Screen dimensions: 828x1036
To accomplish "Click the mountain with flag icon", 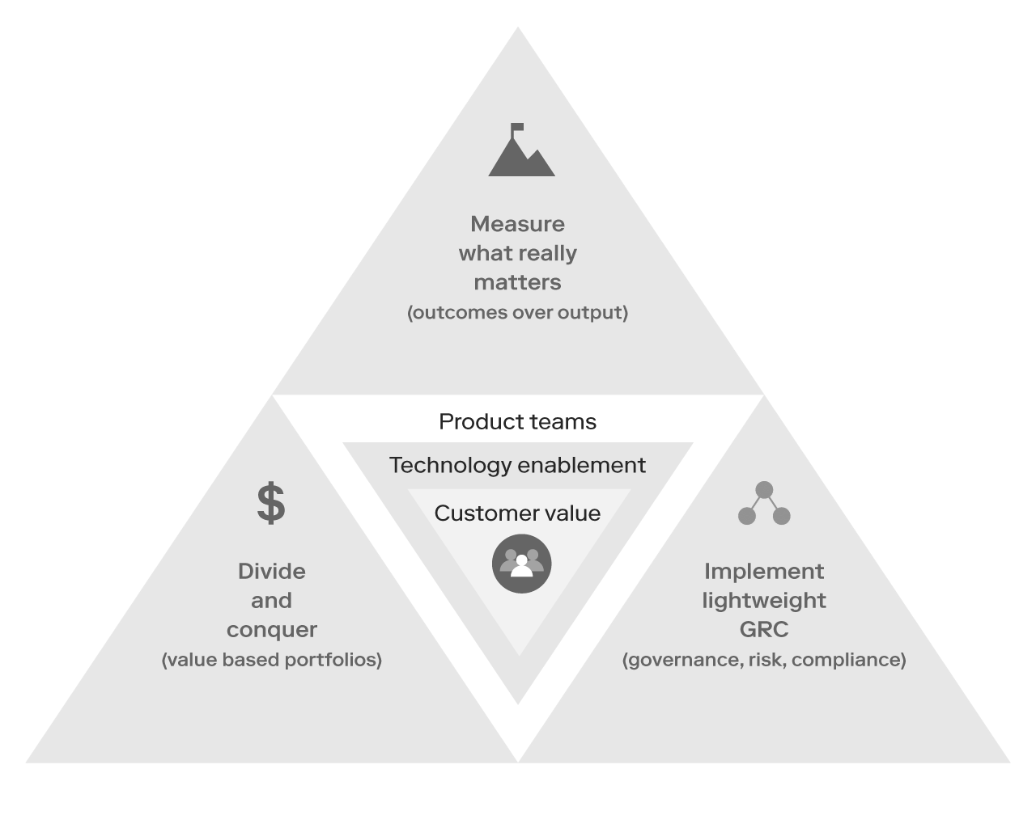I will pos(521,154).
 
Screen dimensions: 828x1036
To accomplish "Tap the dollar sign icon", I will pos(271,503).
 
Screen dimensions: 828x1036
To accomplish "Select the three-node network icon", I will pos(764,504).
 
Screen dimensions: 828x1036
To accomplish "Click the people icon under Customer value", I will pos(521,564).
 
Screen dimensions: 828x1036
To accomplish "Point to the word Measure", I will pos(517,224).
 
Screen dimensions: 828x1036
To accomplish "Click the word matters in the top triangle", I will pos(517,282).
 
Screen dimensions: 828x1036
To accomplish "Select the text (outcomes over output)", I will pos(517,313).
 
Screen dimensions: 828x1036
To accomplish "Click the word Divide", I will pos(271,572).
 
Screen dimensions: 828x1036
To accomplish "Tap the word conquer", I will pos(271,630).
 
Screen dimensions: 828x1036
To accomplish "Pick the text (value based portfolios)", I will pos(271,660).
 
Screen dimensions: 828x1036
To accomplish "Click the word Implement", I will pos(764,572).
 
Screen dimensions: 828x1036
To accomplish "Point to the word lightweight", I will pos(764,601).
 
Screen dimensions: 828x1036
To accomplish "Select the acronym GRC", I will pos(764,630).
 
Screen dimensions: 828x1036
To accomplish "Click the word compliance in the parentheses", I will pos(849,660).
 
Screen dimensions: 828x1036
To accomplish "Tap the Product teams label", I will pos(517,422).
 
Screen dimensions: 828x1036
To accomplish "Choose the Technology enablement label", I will pos(517,466).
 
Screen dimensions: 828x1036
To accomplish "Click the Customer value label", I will pos(517,513).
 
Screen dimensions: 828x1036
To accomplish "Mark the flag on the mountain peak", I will pos(517,128).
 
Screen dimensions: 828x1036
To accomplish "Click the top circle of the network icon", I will pos(764,490).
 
